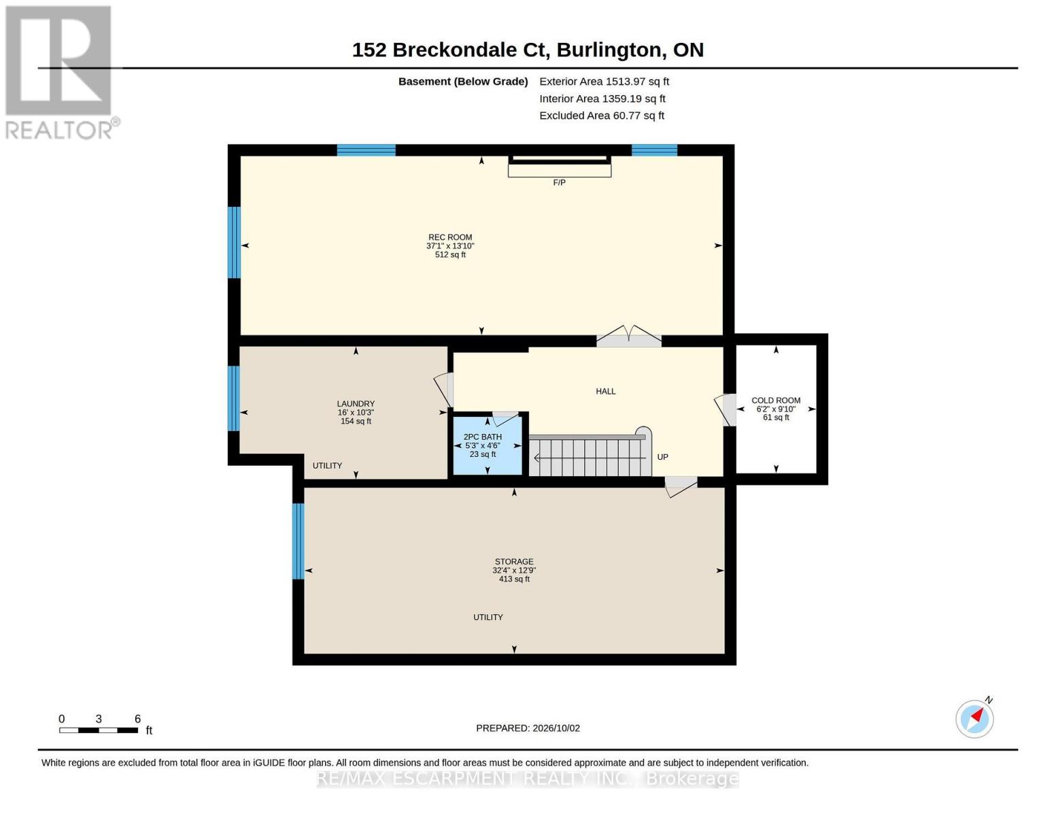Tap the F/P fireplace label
[x=559, y=183]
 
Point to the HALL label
[x=605, y=391]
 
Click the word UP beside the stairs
[x=662, y=457]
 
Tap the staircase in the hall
[x=590, y=455]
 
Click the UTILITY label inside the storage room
[x=488, y=617]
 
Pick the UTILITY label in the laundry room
[x=327, y=466]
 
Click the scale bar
[x=99, y=730]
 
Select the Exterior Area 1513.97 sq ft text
[x=604, y=82]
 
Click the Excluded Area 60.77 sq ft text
[x=602, y=116]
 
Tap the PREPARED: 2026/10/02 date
[x=528, y=728]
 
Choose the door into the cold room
[x=725, y=410]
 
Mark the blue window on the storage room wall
[x=299, y=541]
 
